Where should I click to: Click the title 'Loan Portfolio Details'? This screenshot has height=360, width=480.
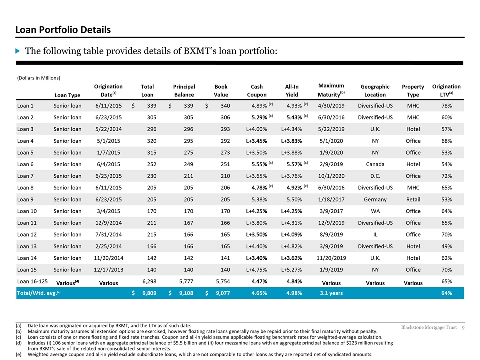(x=63, y=30)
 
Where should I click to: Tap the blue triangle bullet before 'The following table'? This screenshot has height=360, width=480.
(x=18, y=51)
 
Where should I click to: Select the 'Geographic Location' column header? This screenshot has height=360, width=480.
(x=375, y=91)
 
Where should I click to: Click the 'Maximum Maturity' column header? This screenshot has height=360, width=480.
(x=331, y=90)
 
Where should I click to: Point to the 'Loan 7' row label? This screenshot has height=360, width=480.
(x=25, y=176)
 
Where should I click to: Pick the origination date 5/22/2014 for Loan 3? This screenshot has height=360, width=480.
(x=108, y=129)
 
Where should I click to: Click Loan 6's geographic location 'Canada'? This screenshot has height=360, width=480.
(x=375, y=164)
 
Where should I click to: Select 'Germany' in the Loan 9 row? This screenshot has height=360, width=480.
(x=375, y=200)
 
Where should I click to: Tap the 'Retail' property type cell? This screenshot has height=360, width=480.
(x=413, y=200)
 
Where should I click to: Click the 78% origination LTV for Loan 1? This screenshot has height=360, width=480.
(x=446, y=106)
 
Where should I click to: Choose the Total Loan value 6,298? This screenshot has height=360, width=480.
(x=149, y=281)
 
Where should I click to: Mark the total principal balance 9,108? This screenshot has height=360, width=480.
(x=186, y=293)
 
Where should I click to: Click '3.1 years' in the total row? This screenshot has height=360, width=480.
(x=331, y=293)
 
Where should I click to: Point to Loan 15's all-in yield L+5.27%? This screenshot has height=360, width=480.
(x=291, y=270)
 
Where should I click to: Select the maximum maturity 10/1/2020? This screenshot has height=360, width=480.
(x=331, y=176)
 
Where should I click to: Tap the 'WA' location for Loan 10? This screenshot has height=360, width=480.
(x=375, y=211)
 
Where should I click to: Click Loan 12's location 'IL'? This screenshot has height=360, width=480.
(x=375, y=235)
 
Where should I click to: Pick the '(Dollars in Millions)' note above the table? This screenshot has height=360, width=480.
(x=39, y=78)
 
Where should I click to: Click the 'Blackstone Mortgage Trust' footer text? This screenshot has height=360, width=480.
(x=429, y=327)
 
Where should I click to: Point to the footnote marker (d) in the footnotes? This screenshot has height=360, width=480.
(x=19, y=343)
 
